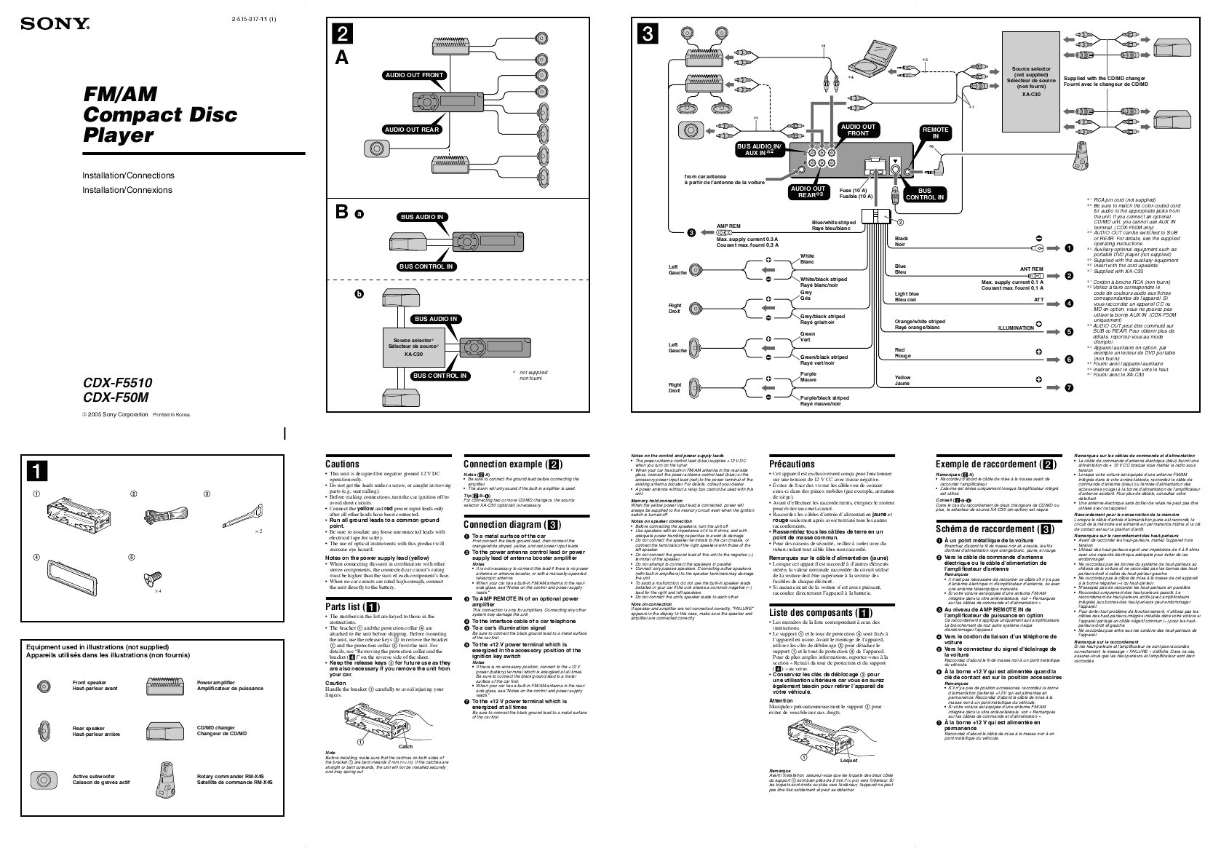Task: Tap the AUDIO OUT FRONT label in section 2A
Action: [x=414, y=75]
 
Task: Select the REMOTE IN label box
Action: [x=935, y=133]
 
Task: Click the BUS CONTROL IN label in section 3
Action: [x=925, y=194]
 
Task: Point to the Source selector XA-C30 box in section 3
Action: [x=1030, y=81]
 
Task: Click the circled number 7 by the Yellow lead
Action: [x=1069, y=388]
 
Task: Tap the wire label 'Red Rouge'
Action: [x=902, y=353]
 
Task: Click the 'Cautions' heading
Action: [x=342, y=464]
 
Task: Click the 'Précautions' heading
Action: [x=792, y=464]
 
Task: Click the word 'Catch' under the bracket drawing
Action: [x=405, y=746]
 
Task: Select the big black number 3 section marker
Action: [x=648, y=33]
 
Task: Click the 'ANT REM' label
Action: [x=1031, y=269]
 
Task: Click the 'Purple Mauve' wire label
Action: [x=808, y=377]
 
